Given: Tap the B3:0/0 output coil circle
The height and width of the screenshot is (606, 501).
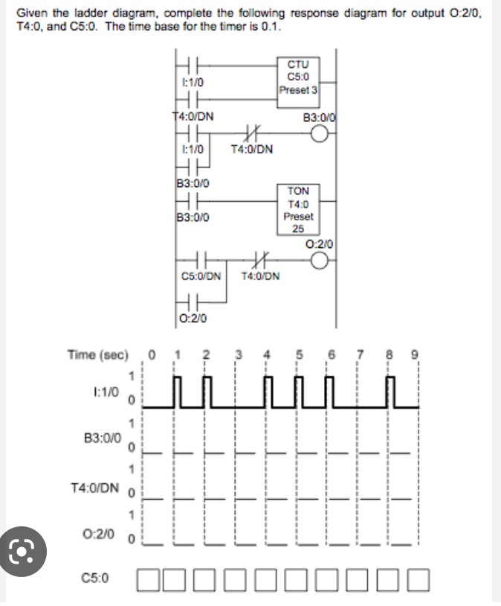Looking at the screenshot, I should (320, 134).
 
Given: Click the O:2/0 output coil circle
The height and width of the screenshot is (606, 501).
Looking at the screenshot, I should (320, 260).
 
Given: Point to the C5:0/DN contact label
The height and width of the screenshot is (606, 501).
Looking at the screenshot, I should (201, 275).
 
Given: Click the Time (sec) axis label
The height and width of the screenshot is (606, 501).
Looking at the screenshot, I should (98, 354).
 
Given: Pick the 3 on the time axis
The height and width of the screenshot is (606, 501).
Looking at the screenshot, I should (238, 354).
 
